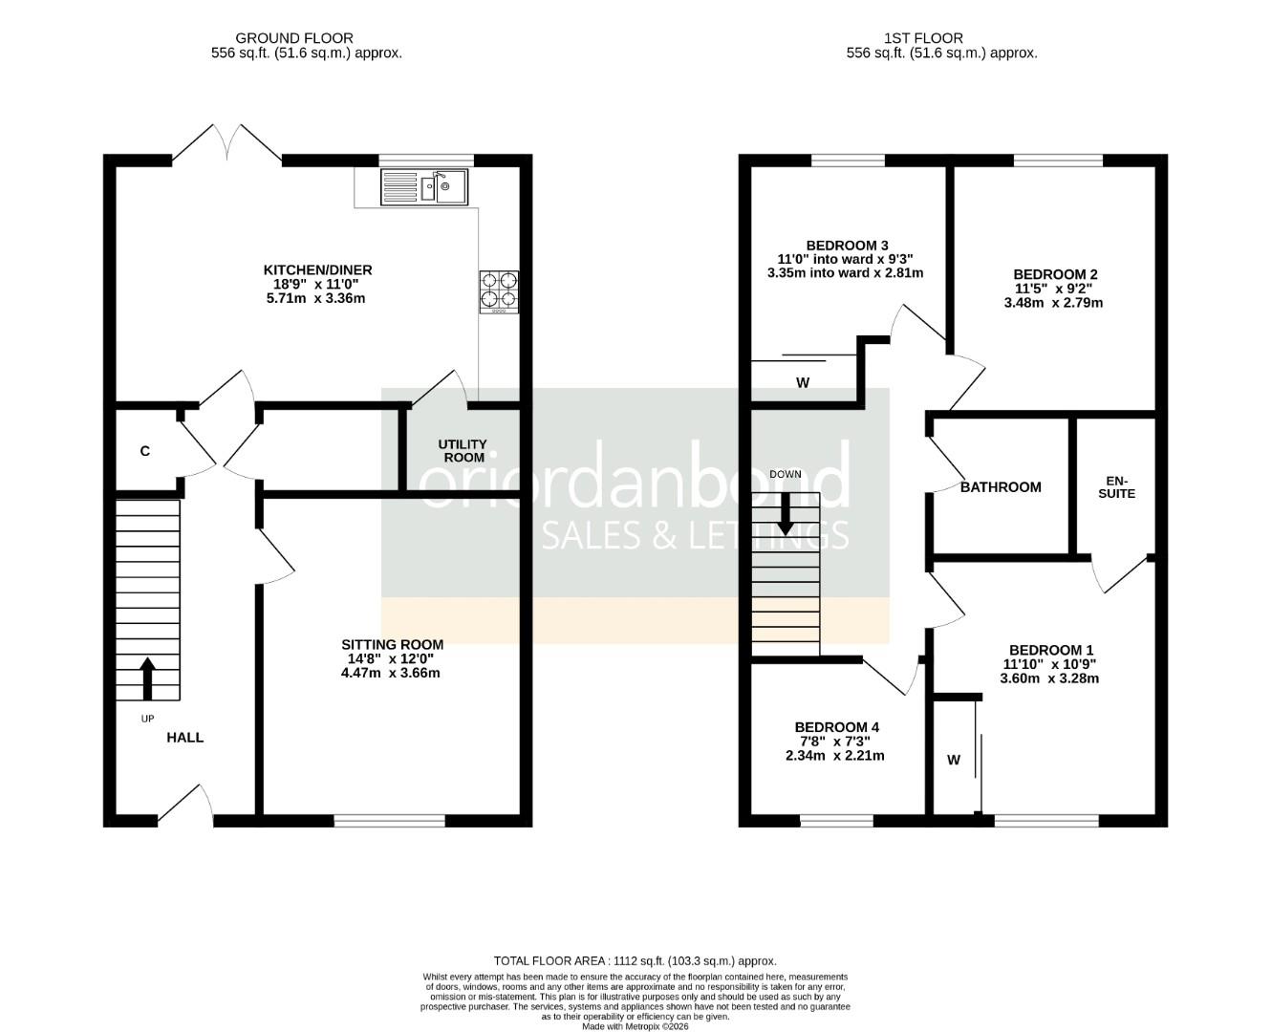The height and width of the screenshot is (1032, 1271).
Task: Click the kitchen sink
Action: [x=424, y=187]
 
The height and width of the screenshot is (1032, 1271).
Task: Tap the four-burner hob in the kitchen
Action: [x=499, y=291]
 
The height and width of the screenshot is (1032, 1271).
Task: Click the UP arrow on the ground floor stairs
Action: [x=147, y=677]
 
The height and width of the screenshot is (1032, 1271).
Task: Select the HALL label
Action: [x=185, y=738]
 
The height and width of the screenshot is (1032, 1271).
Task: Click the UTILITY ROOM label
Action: [x=463, y=451]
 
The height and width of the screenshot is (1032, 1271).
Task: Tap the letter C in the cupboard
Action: [x=145, y=451]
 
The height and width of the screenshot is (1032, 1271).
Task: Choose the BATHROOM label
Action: [x=1001, y=487]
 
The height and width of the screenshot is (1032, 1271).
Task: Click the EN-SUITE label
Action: [x=1116, y=487]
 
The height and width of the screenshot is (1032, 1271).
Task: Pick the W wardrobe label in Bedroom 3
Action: [x=803, y=383]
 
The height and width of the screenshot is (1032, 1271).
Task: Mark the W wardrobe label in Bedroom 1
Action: [x=954, y=761]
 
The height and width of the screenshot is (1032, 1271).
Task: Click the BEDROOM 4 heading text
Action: [x=836, y=727]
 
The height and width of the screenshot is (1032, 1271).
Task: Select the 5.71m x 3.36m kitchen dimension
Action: [x=315, y=298]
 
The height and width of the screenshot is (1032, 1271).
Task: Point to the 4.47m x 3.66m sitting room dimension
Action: [x=391, y=673]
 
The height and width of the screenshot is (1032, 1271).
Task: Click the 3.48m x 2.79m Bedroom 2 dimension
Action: [x=1053, y=303]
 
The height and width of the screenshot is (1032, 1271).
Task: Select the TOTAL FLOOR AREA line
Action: [x=635, y=961]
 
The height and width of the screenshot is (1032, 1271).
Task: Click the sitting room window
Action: [x=390, y=820]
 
